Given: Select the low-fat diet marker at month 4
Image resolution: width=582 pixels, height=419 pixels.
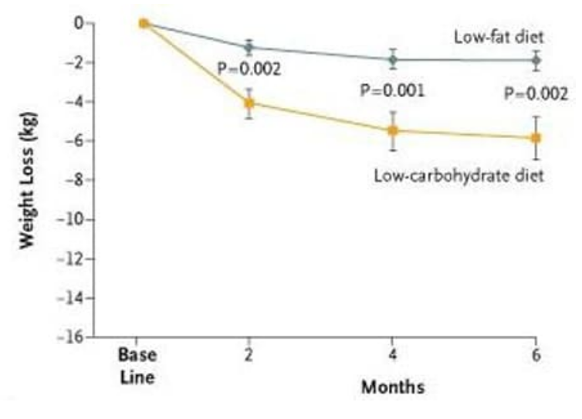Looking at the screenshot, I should [393, 59].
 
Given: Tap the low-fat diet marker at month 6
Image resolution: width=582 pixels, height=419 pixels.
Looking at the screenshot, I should [536, 59].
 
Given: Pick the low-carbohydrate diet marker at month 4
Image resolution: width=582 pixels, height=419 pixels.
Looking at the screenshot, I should [393, 130].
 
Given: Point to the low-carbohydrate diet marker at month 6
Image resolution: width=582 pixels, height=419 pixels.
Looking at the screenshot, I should [536, 137].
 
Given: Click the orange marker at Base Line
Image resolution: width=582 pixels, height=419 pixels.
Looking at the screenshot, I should [143, 23].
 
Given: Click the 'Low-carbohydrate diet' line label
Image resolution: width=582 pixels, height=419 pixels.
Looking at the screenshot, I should [458, 175].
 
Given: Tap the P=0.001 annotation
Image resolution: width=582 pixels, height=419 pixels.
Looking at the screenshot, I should [393, 91].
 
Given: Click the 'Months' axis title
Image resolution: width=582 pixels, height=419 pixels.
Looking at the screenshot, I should [393, 387].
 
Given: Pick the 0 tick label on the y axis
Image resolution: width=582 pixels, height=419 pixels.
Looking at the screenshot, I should [80, 23].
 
